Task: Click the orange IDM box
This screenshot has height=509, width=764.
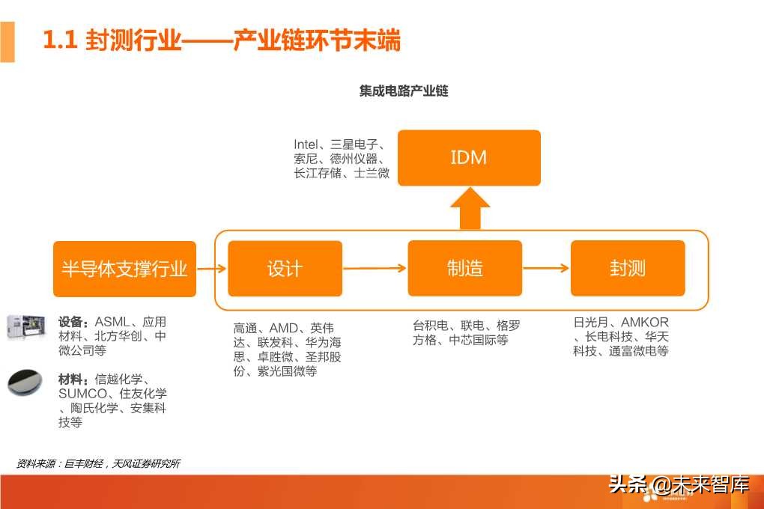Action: click(468, 158)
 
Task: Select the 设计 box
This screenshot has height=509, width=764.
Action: click(285, 268)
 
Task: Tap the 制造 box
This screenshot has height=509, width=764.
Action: click(464, 268)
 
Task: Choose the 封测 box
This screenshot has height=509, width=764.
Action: click(627, 268)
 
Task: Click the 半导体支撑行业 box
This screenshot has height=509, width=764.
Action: click(124, 269)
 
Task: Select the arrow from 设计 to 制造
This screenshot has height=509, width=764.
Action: click(375, 268)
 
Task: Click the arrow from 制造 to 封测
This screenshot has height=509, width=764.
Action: click(545, 268)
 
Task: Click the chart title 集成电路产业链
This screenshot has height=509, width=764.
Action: click(404, 91)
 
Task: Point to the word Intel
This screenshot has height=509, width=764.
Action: click(306, 144)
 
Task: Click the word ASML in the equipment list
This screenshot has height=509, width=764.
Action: click(112, 322)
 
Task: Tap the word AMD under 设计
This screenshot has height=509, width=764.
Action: click(284, 328)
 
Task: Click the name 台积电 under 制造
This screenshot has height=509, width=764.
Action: click(430, 326)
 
